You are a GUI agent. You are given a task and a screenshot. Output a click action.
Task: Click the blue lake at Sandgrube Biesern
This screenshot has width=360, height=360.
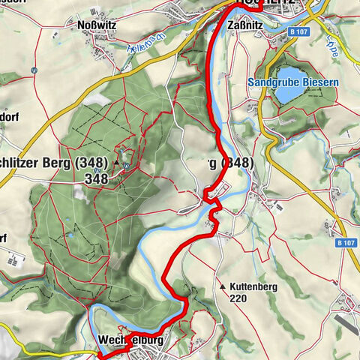297,96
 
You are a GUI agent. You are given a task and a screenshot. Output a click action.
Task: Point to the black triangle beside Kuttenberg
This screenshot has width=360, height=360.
223,286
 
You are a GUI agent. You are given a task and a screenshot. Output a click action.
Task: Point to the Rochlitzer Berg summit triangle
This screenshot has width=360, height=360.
116,162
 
